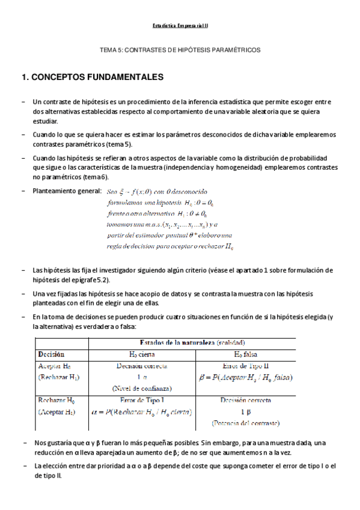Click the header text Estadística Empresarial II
(x=180, y=26)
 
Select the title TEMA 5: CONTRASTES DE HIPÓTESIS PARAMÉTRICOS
(x=180, y=51)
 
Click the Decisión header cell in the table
(x=51, y=354)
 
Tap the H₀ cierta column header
(x=142, y=354)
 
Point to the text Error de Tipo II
(x=245, y=366)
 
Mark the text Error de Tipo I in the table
(x=142, y=400)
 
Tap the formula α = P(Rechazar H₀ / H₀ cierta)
(x=142, y=412)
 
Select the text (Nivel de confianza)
(x=142, y=389)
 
